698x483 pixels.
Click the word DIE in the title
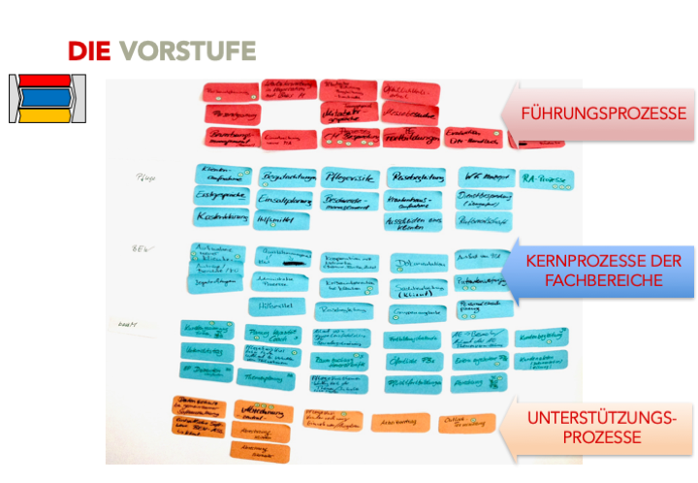tap(89, 51)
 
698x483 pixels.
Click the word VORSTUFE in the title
tap(188, 51)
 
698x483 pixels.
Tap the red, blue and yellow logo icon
tap(46, 98)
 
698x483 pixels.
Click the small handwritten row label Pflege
tap(146, 178)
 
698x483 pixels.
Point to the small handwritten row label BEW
tap(140, 249)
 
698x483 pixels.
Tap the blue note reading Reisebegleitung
tap(417, 177)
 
